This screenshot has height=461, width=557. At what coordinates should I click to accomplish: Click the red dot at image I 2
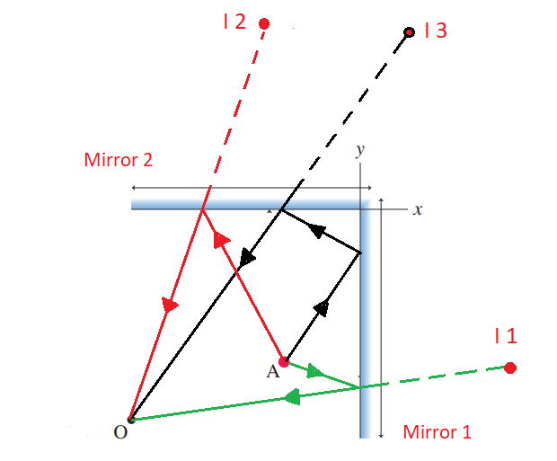264,24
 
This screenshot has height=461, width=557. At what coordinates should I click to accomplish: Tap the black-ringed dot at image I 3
410,32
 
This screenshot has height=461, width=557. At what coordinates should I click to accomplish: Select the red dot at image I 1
510,368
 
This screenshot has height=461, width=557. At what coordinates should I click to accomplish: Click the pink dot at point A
284,362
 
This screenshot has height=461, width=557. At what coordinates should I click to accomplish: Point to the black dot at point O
131,420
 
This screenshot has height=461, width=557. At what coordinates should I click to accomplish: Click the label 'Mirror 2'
119,160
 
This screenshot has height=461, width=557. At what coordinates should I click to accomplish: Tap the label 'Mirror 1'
437,432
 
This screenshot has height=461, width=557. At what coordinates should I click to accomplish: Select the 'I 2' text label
234,22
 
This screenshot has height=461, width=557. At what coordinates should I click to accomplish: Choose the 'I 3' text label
436,31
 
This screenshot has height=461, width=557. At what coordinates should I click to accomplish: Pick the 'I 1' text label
506,336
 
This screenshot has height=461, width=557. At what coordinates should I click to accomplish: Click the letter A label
273,372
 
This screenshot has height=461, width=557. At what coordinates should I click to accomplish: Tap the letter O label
120,432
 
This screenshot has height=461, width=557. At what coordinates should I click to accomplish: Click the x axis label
418,209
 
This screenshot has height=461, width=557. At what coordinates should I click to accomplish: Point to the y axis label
360,151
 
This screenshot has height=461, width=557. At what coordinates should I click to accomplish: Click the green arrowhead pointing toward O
293,397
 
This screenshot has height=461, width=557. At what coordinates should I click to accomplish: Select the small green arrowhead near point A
314,371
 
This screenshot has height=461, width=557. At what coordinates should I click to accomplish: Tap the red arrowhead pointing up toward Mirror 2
221,239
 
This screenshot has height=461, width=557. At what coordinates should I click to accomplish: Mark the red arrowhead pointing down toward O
170,305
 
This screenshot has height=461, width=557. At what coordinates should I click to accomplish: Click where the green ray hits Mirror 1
360,387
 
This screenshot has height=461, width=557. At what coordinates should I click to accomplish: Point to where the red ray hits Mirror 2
202,209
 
